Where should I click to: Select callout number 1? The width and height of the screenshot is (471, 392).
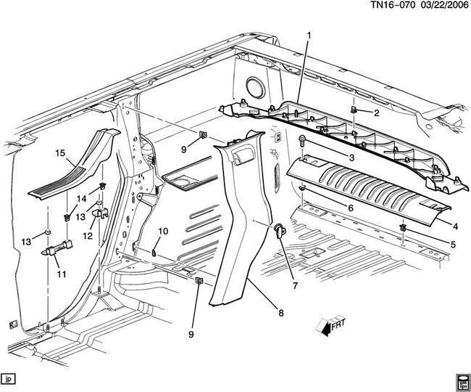(309, 36)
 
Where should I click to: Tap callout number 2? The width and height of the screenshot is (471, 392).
(377, 113)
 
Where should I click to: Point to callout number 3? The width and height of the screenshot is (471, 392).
(351, 158)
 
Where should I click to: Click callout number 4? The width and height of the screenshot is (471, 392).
(455, 226)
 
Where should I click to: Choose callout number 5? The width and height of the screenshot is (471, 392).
(453, 245)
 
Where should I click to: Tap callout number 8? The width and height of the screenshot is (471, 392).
(280, 314)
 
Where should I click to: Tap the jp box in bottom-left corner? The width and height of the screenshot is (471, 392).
(9, 379)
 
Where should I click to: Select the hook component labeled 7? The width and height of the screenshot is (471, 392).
(278, 230)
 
